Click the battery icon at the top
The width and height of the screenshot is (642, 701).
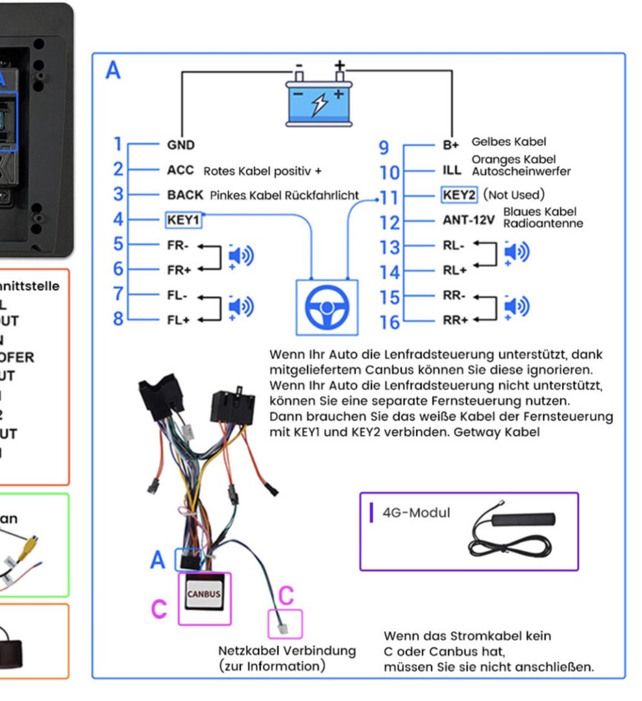(x=320, y=101)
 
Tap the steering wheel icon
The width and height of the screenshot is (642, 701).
(x=327, y=307)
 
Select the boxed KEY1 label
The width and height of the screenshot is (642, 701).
(x=183, y=220)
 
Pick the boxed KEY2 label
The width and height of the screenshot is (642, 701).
(x=459, y=195)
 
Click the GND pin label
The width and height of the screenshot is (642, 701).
(x=180, y=145)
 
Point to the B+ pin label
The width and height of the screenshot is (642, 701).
(x=451, y=145)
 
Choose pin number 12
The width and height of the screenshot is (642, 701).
(x=390, y=223)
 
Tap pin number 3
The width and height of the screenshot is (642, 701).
(x=117, y=194)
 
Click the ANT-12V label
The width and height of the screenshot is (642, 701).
(x=468, y=220)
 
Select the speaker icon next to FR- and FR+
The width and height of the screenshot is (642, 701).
(x=240, y=257)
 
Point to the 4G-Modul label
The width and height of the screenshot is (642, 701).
(x=416, y=513)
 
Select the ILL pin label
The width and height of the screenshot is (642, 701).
(x=452, y=170)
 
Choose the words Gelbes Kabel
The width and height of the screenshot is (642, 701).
(x=509, y=141)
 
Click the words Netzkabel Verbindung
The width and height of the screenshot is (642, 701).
(x=287, y=650)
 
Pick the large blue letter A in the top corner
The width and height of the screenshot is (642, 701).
(x=113, y=70)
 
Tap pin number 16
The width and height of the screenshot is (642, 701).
(x=390, y=323)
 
